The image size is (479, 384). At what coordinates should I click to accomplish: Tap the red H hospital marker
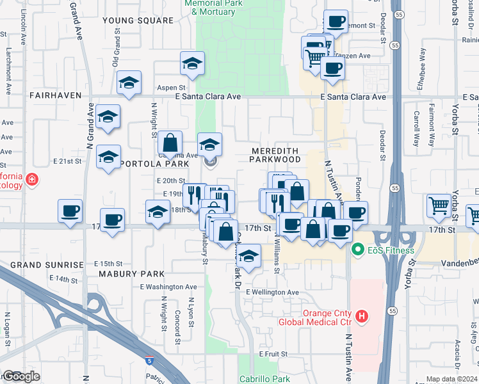pos(362,316)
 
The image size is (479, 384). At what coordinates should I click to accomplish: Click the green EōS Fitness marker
pos(357,250)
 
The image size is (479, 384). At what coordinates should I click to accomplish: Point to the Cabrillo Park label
pos(264,379)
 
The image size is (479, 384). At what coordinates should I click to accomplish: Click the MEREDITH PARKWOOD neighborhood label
pos(275,154)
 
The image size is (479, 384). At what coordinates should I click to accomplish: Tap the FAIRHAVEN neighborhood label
pos(55,95)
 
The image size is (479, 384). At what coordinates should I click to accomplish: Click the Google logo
pos(22,376)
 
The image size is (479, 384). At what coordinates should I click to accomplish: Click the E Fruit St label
pos(272,353)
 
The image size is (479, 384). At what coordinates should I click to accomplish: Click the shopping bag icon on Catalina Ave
pos(170,142)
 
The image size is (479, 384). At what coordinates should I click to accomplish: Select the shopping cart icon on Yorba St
pos(439,205)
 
